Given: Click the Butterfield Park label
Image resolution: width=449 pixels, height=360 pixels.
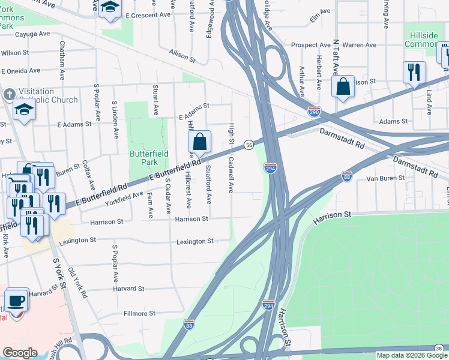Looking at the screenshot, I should (x=144, y=157).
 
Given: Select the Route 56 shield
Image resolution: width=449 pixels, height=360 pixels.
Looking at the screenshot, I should (x=248, y=145).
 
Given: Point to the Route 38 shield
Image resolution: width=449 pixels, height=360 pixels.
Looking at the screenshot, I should (x=440, y=347).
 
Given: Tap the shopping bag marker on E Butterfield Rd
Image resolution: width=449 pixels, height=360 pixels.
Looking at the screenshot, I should (x=199, y=143).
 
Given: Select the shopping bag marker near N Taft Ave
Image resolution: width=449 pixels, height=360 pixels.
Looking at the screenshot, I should (x=343, y=86).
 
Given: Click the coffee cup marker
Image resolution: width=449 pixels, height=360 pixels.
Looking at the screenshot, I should (x=16, y=301).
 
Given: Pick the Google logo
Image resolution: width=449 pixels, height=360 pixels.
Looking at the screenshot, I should (x=20, y=353).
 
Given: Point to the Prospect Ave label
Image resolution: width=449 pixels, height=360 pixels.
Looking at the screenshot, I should (x=311, y=45).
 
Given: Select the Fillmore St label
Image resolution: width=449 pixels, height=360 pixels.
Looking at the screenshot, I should (x=139, y=313).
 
